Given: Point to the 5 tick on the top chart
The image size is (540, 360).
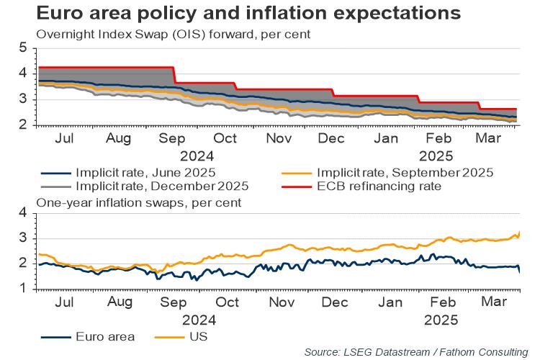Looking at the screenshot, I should coord(22,48).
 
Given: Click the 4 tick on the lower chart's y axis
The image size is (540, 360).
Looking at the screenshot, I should coord(22,212).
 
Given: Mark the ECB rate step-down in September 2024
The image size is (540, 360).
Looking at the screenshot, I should coord(175,75).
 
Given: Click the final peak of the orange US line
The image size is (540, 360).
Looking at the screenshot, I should coord(519,232).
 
